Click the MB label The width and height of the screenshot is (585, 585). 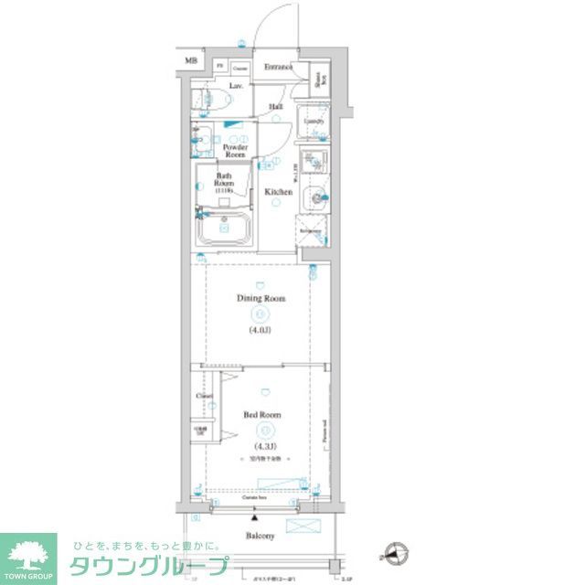tap(192, 62)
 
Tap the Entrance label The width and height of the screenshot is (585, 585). tap(278, 68)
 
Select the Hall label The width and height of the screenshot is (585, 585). tap(275, 108)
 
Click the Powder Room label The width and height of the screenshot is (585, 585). tap(237, 151)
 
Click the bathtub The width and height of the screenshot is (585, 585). tap(225, 229)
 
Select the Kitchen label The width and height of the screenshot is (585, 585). tap(278, 192)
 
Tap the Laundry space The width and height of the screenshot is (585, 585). tap(314, 121)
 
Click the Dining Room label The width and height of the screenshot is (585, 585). tap(261, 299)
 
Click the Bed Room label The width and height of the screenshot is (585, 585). tap(262, 414)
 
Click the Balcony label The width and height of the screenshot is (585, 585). tap(260, 536)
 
